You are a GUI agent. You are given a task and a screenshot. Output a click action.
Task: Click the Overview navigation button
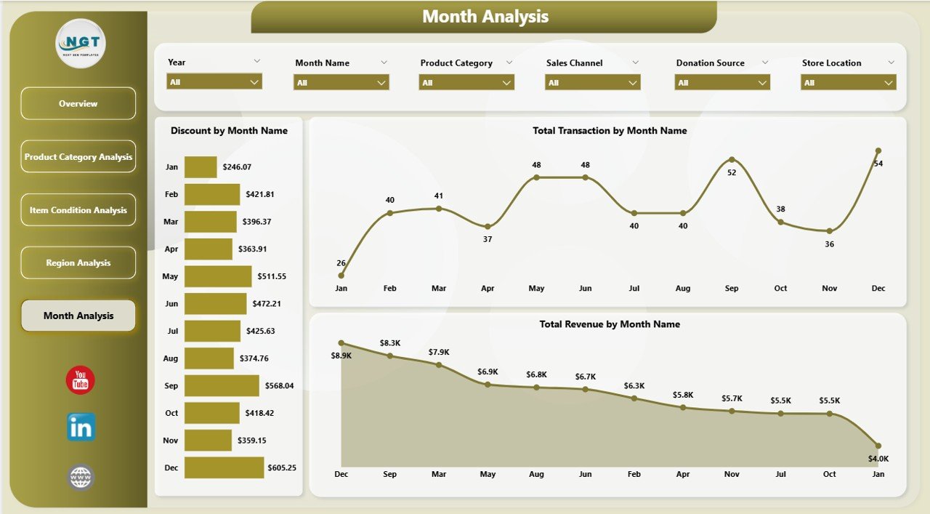click(78, 104)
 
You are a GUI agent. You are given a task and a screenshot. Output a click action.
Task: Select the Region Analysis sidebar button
click(78, 262)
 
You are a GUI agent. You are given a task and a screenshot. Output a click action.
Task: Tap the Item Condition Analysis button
click(78, 210)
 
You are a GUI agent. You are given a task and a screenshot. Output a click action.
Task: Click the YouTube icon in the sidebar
click(81, 381)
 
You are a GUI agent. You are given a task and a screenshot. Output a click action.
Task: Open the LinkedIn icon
click(81, 427)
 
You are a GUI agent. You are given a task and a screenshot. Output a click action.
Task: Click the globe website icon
click(81, 478)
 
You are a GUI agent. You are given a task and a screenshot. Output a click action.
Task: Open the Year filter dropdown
click(214, 82)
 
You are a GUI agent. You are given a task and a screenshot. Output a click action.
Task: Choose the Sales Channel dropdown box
click(592, 83)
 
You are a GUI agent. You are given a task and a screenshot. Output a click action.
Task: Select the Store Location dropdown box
click(848, 83)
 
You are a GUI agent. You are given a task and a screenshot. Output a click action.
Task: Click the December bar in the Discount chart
click(224, 467)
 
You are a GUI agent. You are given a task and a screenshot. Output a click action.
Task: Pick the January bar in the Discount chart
click(201, 167)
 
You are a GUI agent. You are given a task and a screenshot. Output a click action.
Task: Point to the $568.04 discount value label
click(279, 386)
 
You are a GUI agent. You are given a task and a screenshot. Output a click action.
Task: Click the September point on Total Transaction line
click(732, 159)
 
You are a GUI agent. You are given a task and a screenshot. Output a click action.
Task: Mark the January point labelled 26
click(341, 276)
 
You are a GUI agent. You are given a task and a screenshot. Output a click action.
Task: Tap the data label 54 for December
click(878, 164)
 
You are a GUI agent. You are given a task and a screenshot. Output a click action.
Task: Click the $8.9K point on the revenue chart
click(341, 342)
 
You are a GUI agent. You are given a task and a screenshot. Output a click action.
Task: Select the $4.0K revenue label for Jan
click(878, 459)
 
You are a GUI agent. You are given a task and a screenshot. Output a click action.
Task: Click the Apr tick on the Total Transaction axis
click(488, 289)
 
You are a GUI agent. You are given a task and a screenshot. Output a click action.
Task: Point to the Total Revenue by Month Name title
click(610, 324)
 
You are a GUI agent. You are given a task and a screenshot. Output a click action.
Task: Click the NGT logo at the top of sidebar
click(81, 44)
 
